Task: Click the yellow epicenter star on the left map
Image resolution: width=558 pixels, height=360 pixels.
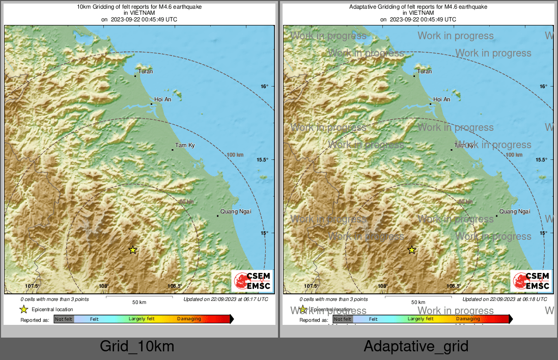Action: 133,250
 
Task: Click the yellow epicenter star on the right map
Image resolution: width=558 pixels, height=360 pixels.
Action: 412,250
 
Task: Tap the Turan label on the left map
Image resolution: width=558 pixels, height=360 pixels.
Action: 146,71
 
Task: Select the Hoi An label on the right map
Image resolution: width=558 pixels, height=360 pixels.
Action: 441,99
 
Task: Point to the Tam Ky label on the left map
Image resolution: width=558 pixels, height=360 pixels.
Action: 185,146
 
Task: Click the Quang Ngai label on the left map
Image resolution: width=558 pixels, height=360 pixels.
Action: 236,211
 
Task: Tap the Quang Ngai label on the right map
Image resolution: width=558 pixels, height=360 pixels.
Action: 515,211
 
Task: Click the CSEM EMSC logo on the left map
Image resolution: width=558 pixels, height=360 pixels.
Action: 252,281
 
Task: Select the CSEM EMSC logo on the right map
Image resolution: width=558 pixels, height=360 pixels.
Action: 531,281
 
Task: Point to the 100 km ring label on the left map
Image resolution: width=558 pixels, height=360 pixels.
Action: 235,155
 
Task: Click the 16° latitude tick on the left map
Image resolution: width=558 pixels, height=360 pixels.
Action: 264,86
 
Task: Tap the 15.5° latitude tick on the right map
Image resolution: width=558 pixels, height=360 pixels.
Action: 541,159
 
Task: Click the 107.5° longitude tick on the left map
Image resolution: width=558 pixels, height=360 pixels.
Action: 33,286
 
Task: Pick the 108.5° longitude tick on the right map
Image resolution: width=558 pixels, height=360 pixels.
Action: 454,286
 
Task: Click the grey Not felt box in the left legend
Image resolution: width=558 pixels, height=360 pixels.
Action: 64,319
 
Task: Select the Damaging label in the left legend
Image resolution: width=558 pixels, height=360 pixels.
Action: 189,319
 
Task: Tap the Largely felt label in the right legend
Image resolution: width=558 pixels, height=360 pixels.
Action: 421,319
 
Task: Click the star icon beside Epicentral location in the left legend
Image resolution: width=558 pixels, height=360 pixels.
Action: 23,309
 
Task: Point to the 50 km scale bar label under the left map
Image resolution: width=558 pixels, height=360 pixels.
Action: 139,302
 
